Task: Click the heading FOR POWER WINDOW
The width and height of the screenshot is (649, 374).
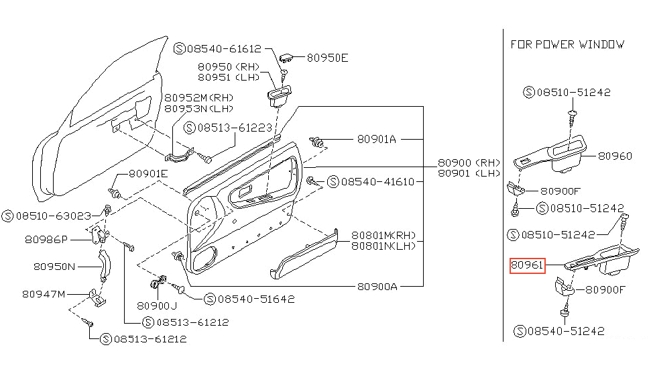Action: (x=567, y=44)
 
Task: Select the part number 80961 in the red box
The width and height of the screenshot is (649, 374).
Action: (x=528, y=266)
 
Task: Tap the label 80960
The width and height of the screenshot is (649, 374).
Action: (x=615, y=156)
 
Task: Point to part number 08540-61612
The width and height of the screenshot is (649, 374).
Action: (x=225, y=48)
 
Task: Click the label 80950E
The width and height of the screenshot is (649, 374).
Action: (x=328, y=58)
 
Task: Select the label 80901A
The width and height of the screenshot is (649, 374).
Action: (x=376, y=139)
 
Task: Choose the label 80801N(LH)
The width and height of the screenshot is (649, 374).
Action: (x=383, y=246)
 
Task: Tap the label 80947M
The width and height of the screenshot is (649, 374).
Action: (x=44, y=293)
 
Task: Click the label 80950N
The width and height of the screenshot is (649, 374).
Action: (x=54, y=266)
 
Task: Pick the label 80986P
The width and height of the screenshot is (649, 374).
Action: (x=46, y=239)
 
